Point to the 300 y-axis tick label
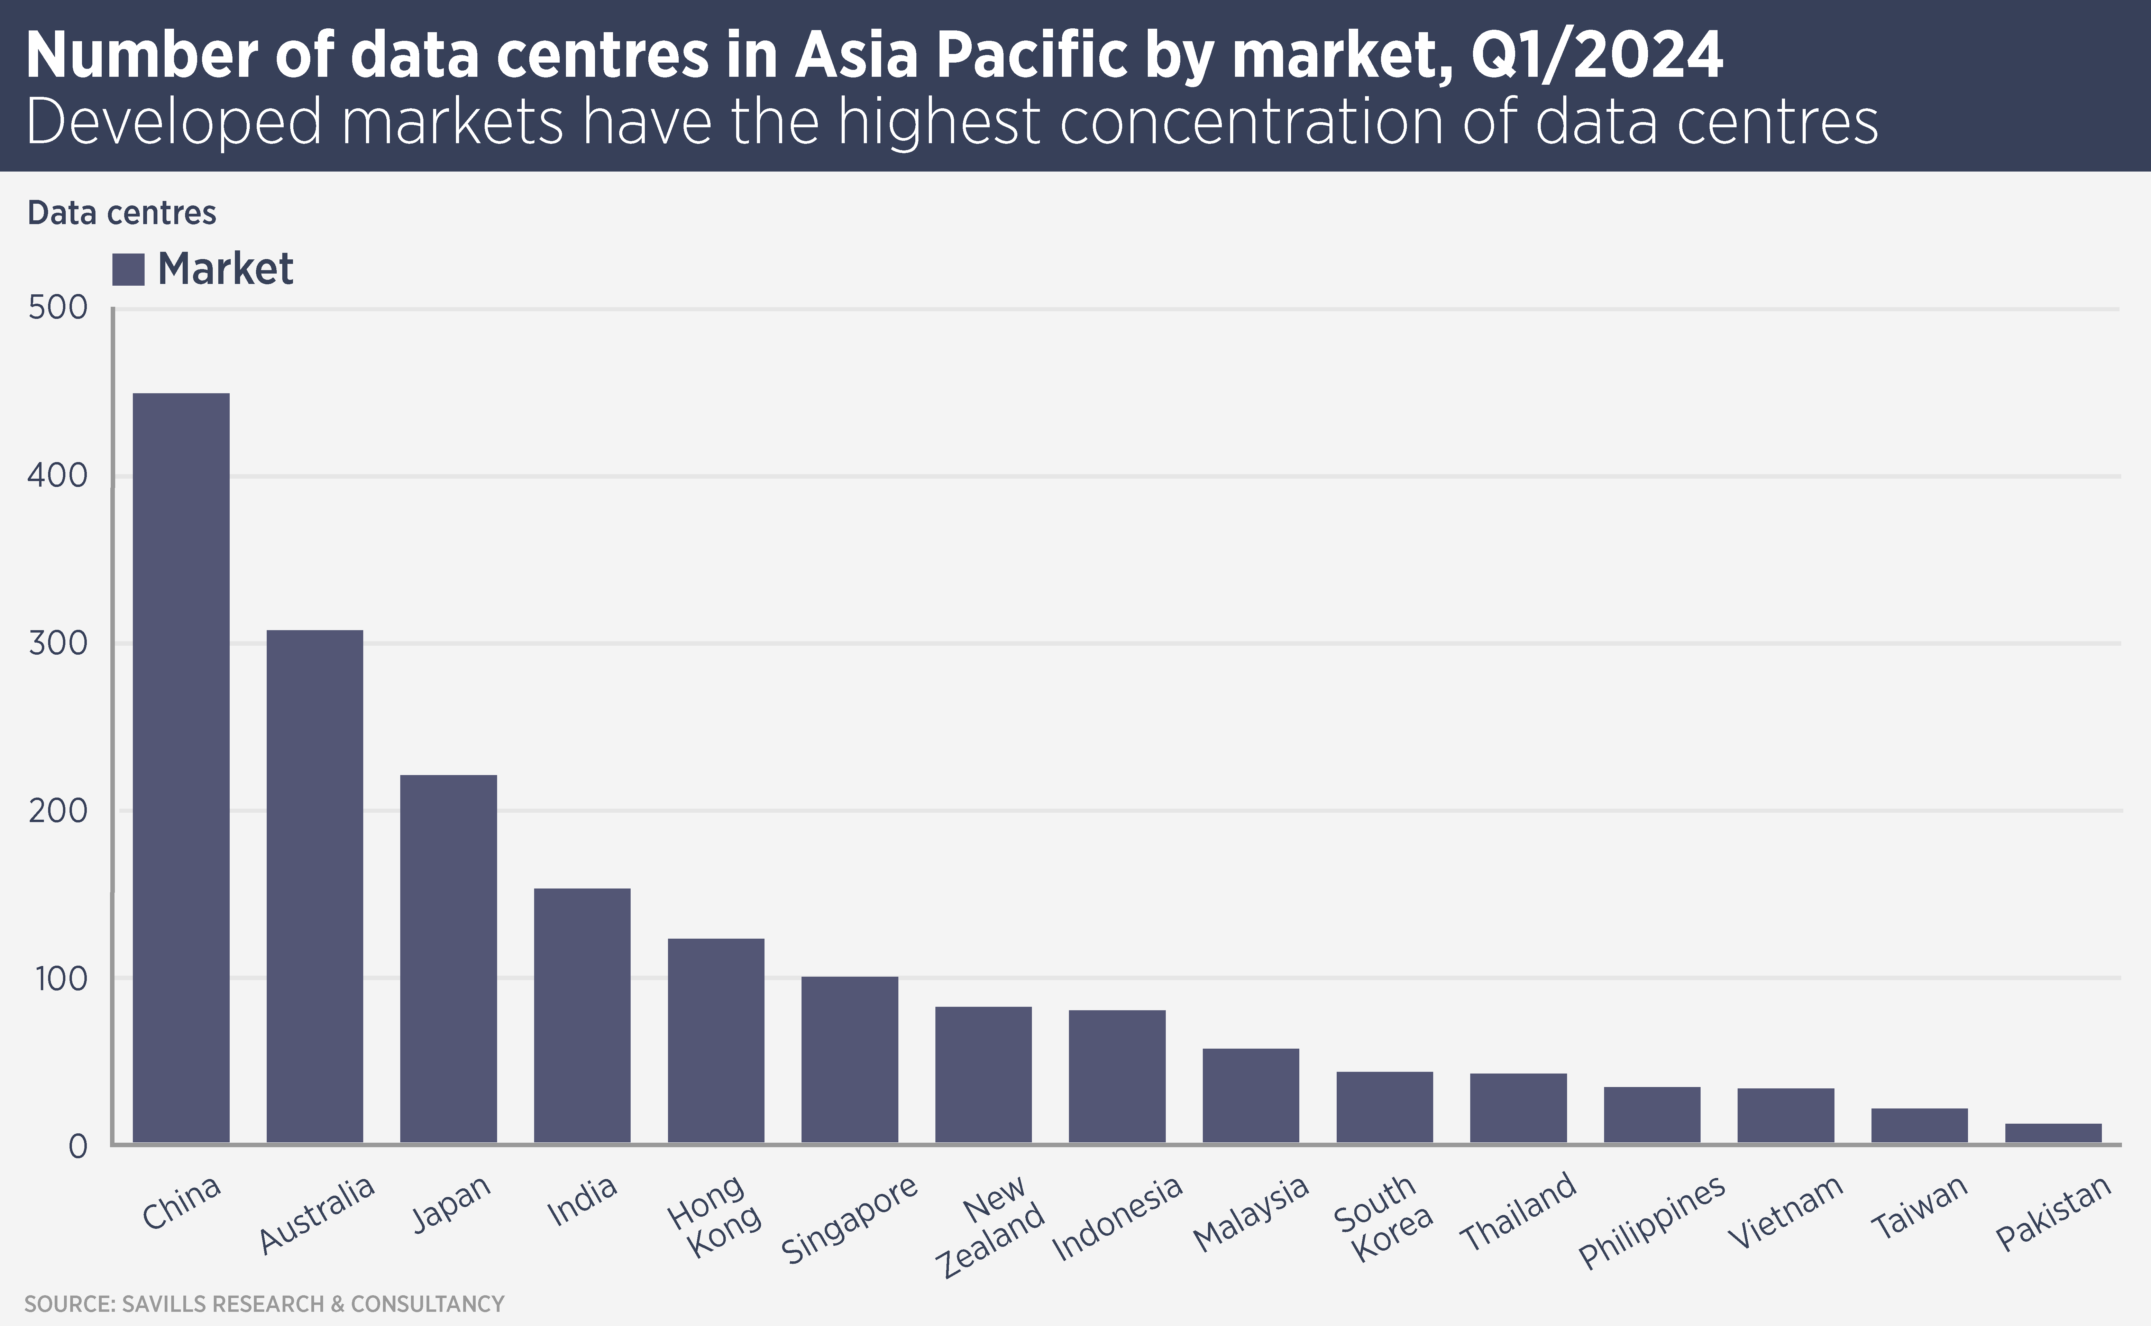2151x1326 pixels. [58, 644]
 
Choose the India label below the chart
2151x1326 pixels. [582, 1201]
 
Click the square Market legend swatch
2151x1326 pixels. [128, 269]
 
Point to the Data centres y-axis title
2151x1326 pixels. [122, 213]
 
